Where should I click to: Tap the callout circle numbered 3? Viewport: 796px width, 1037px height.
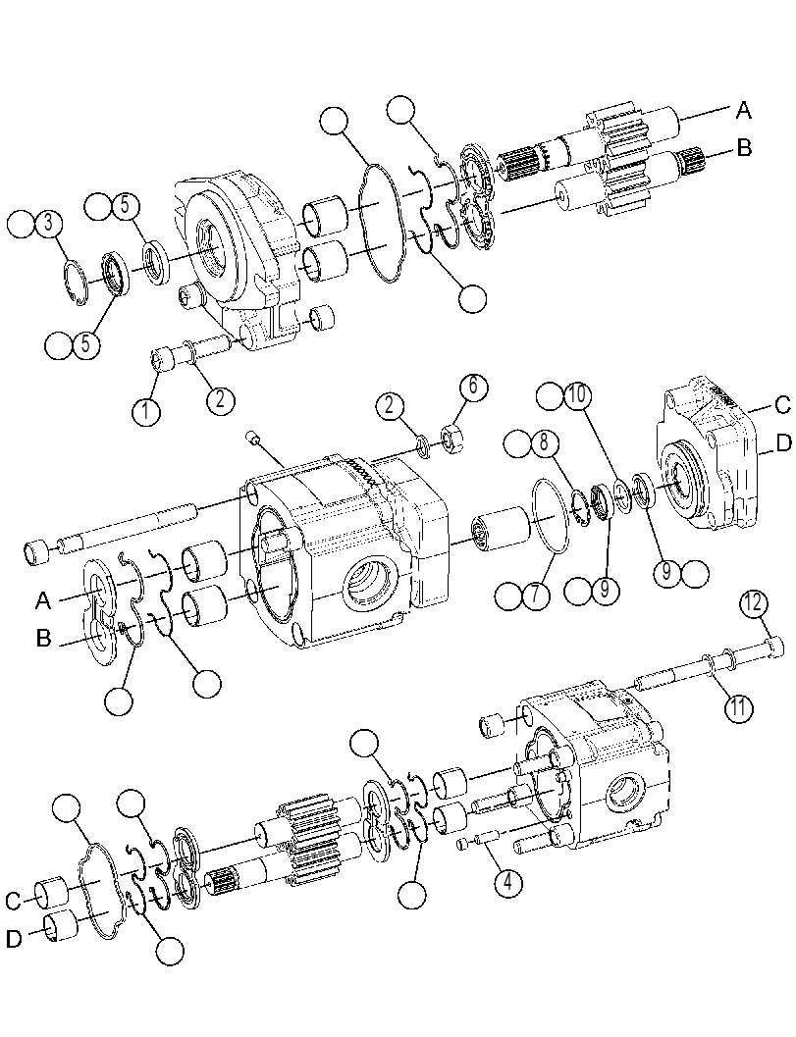48,225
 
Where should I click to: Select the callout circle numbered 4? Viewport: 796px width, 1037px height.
507,883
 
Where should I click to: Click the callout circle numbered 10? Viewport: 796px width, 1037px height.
576,396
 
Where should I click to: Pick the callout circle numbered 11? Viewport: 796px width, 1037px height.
737,707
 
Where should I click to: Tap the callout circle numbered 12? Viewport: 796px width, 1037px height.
755,603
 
